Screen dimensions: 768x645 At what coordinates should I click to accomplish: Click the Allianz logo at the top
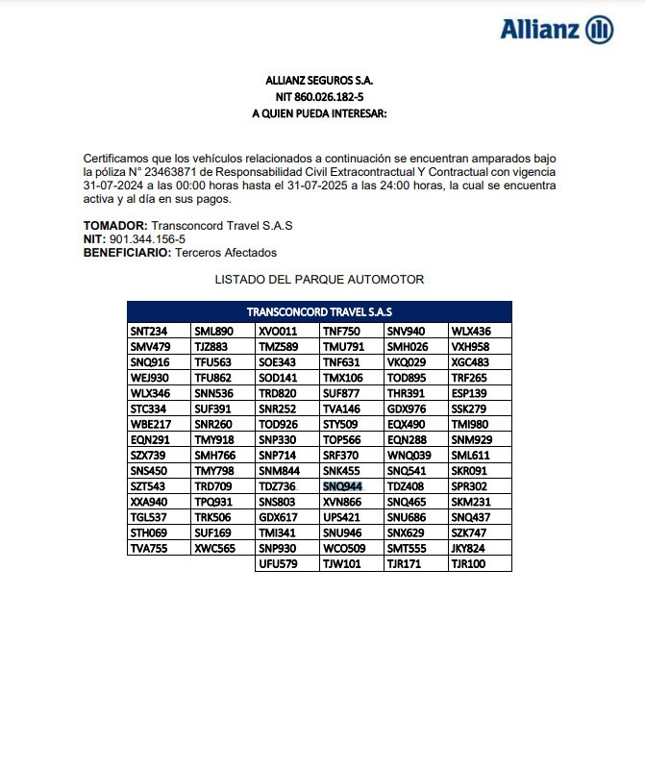coord(557,29)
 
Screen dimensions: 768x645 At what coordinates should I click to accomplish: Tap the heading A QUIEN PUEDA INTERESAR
coord(318,113)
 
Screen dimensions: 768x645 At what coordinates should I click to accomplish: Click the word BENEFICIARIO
coord(126,252)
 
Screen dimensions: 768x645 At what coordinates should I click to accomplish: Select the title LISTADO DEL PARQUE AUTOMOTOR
coord(319,279)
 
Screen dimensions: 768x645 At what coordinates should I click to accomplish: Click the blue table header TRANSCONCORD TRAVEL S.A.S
coord(319,311)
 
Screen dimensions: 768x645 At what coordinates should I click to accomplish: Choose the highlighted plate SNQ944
coord(342,487)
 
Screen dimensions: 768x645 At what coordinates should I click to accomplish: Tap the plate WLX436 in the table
coord(471,331)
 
